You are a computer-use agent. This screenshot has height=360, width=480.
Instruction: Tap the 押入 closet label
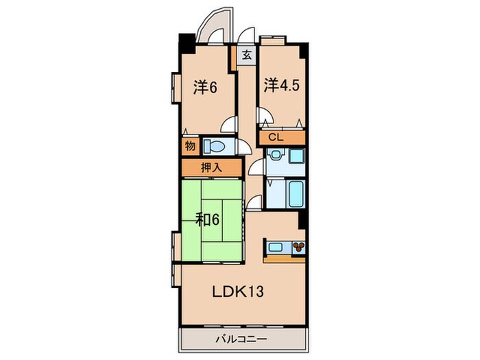pos(211,167)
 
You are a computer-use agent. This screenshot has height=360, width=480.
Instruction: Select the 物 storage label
pos(189,146)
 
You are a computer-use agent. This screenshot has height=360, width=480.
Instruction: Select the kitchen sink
pos(275,247)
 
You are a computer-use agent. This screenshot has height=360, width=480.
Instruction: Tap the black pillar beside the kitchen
pos(301,220)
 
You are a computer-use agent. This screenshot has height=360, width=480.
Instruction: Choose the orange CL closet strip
pos(281,138)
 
